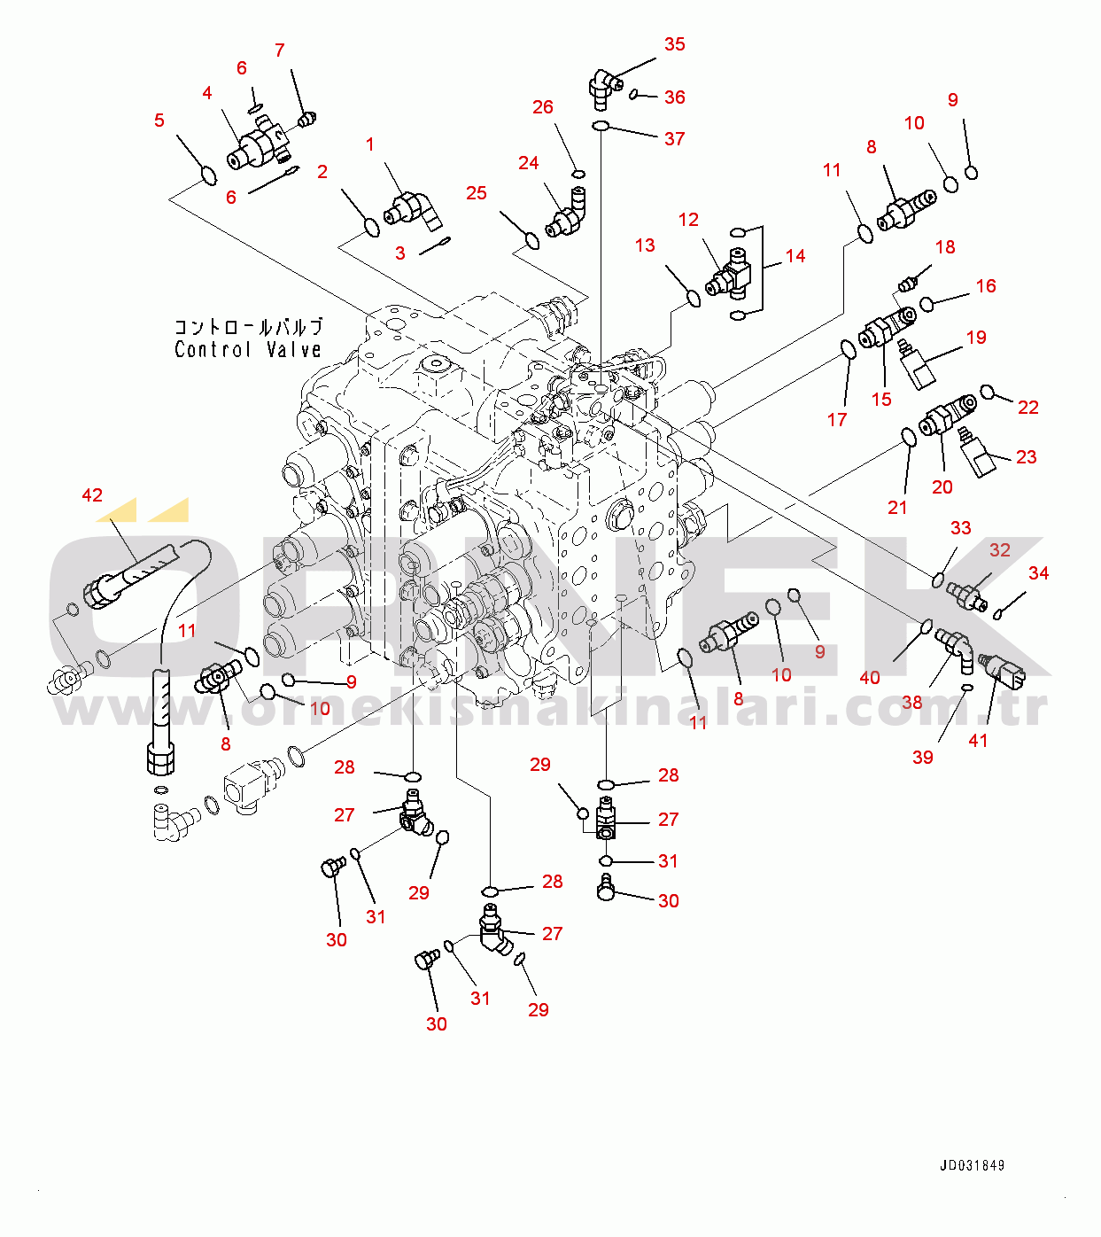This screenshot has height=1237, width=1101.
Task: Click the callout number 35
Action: (x=675, y=44)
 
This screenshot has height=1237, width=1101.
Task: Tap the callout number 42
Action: (x=92, y=495)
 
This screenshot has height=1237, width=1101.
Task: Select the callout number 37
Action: (x=675, y=139)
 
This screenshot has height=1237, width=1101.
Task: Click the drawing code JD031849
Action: (x=972, y=1166)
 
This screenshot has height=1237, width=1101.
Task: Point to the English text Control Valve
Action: (x=248, y=350)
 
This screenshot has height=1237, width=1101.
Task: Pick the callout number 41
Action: (x=978, y=741)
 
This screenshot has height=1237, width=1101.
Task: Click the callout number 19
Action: (x=976, y=338)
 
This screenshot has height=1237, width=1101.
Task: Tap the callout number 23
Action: (x=1026, y=457)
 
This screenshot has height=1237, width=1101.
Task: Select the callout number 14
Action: (x=795, y=256)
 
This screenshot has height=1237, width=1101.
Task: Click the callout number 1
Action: (x=370, y=144)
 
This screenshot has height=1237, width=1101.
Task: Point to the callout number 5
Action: (x=159, y=121)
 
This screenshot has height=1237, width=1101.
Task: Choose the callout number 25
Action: (x=477, y=193)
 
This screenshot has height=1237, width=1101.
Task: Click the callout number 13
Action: (x=645, y=245)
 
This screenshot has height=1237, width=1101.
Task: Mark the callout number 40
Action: (x=870, y=678)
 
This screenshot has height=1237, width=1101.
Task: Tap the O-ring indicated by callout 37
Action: (x=601, y=126)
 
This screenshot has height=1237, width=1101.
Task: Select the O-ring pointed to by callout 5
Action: (x=208, y=175)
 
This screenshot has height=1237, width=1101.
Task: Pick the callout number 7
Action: (x=280, y=51)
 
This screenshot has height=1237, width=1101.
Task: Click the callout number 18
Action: (x=945, y=247)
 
